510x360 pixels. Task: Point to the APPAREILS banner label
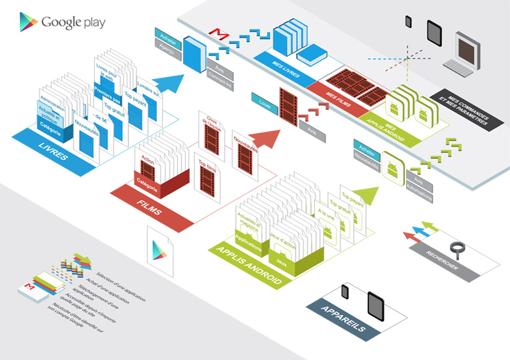point(345,319)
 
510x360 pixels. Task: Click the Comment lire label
point(221,80)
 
